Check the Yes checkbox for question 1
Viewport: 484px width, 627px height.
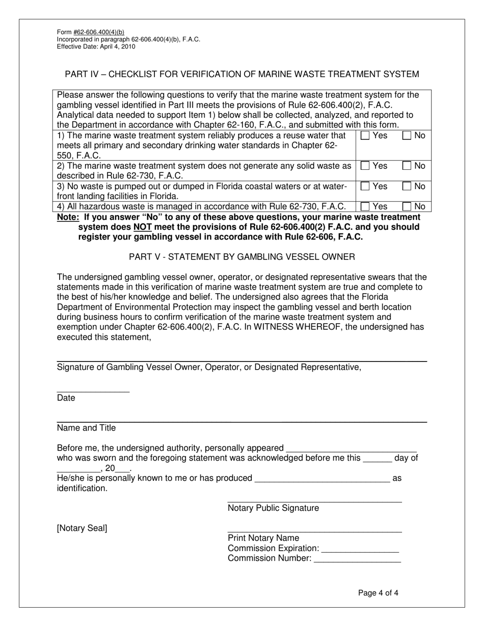(365, 136)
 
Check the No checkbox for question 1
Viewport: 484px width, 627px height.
(407, 136)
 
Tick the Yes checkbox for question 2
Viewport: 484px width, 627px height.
(365, 166)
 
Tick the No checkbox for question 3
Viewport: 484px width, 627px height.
(407, 187)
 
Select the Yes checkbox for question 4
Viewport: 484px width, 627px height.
(365, 206)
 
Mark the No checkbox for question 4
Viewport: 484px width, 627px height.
(407, 206)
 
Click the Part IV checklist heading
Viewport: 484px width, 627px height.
(241, 74)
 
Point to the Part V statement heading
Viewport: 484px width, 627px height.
(241, 257)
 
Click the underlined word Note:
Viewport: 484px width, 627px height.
(68, 217)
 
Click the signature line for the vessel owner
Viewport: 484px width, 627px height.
(241, 360)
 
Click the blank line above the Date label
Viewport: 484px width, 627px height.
(93, 391)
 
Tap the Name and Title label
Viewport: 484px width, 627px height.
(86, 428)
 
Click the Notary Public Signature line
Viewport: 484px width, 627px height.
(314, 502)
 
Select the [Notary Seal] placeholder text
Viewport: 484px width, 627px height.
(82, 528)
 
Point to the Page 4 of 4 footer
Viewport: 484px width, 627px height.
(378, 593)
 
